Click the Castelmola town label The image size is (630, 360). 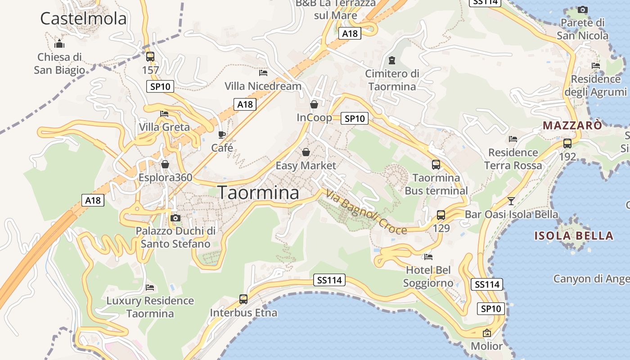pos(83,19)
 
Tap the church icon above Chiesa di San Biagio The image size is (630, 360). pos(59,44)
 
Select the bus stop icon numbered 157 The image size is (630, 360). pos(150,57)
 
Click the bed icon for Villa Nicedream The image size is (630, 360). pos(263,72)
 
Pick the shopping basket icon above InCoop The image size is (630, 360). pos(314,104)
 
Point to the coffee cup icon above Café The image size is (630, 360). pos(222,135)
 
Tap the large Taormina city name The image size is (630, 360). pos(259,193)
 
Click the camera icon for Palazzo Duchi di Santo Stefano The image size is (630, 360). pos(175,218)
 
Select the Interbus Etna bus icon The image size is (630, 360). pos(243,299)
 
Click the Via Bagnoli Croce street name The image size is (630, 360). pos(366,213)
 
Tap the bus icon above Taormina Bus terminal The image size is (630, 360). pos(436,165)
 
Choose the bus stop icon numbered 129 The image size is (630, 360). pos(441,215)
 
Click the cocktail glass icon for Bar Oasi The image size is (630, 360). pos(511,201)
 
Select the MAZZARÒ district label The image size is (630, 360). pos(572,126)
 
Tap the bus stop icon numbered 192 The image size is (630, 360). pos(567,144)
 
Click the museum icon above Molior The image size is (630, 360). pos(486,333)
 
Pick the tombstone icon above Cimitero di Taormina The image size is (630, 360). pos(392,60)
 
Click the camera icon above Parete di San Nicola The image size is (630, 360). pos(583,9)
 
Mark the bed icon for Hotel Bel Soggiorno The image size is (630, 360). pos(428,257)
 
